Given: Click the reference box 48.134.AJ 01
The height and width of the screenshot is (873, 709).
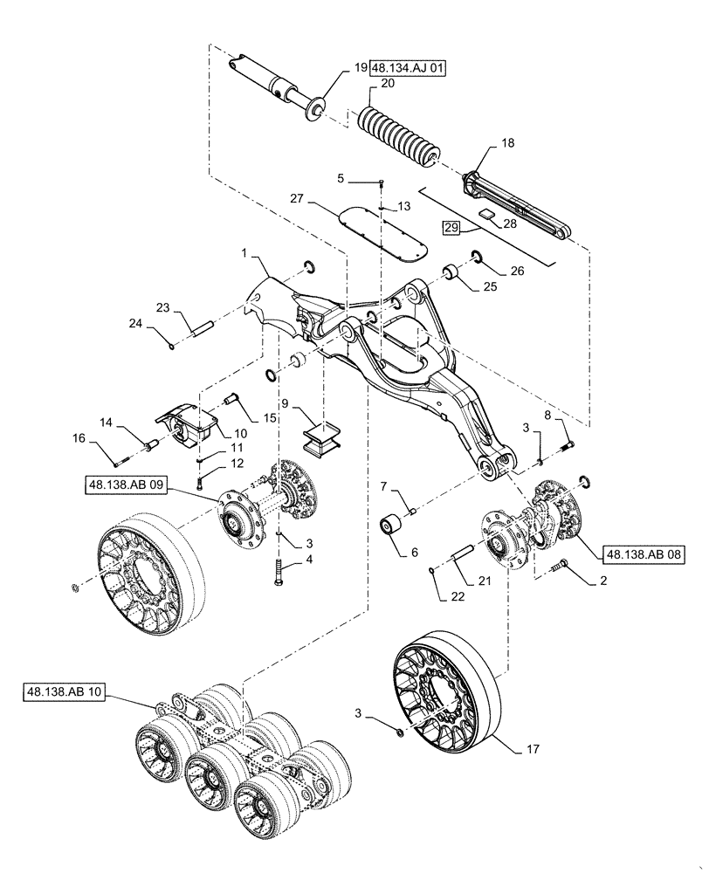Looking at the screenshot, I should point(408,67).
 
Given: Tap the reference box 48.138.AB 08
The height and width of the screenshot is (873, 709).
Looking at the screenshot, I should point(637,553).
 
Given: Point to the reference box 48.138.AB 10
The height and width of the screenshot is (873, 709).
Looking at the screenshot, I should point(65,694).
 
